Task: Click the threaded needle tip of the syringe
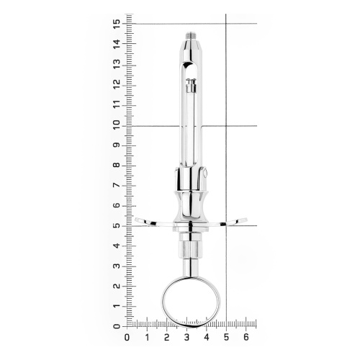tap(191, 36)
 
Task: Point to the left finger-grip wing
tap(153, 222)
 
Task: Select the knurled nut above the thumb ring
tap(191, 250)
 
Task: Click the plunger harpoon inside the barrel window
tap(191, 86)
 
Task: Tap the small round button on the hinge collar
tap(205, 174)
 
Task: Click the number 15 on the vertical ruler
tap(117, 24)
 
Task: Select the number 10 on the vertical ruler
tap(117, 125)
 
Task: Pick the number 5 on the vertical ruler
tap(117, 226)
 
